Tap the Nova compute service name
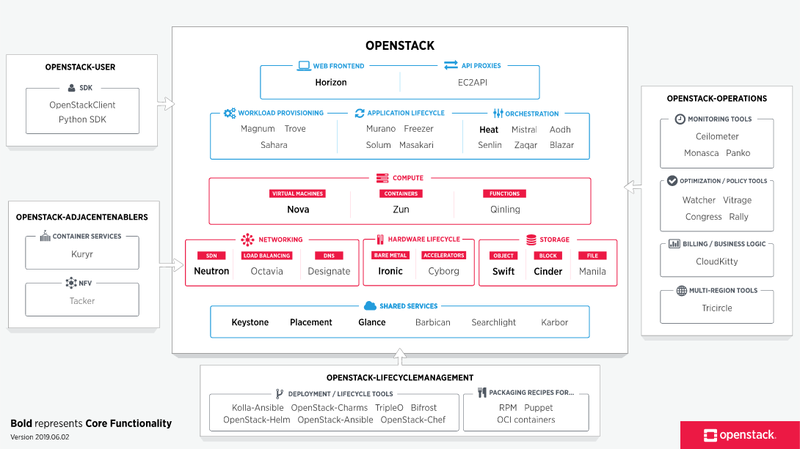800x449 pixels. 297,210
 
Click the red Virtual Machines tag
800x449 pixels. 297,193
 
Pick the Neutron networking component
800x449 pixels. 211,271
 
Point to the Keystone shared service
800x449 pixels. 250,323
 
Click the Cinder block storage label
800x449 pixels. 547,271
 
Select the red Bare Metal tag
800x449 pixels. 390,255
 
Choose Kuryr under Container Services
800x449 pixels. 87,255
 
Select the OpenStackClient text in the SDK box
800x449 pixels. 87,105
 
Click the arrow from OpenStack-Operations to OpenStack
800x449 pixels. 629,185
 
